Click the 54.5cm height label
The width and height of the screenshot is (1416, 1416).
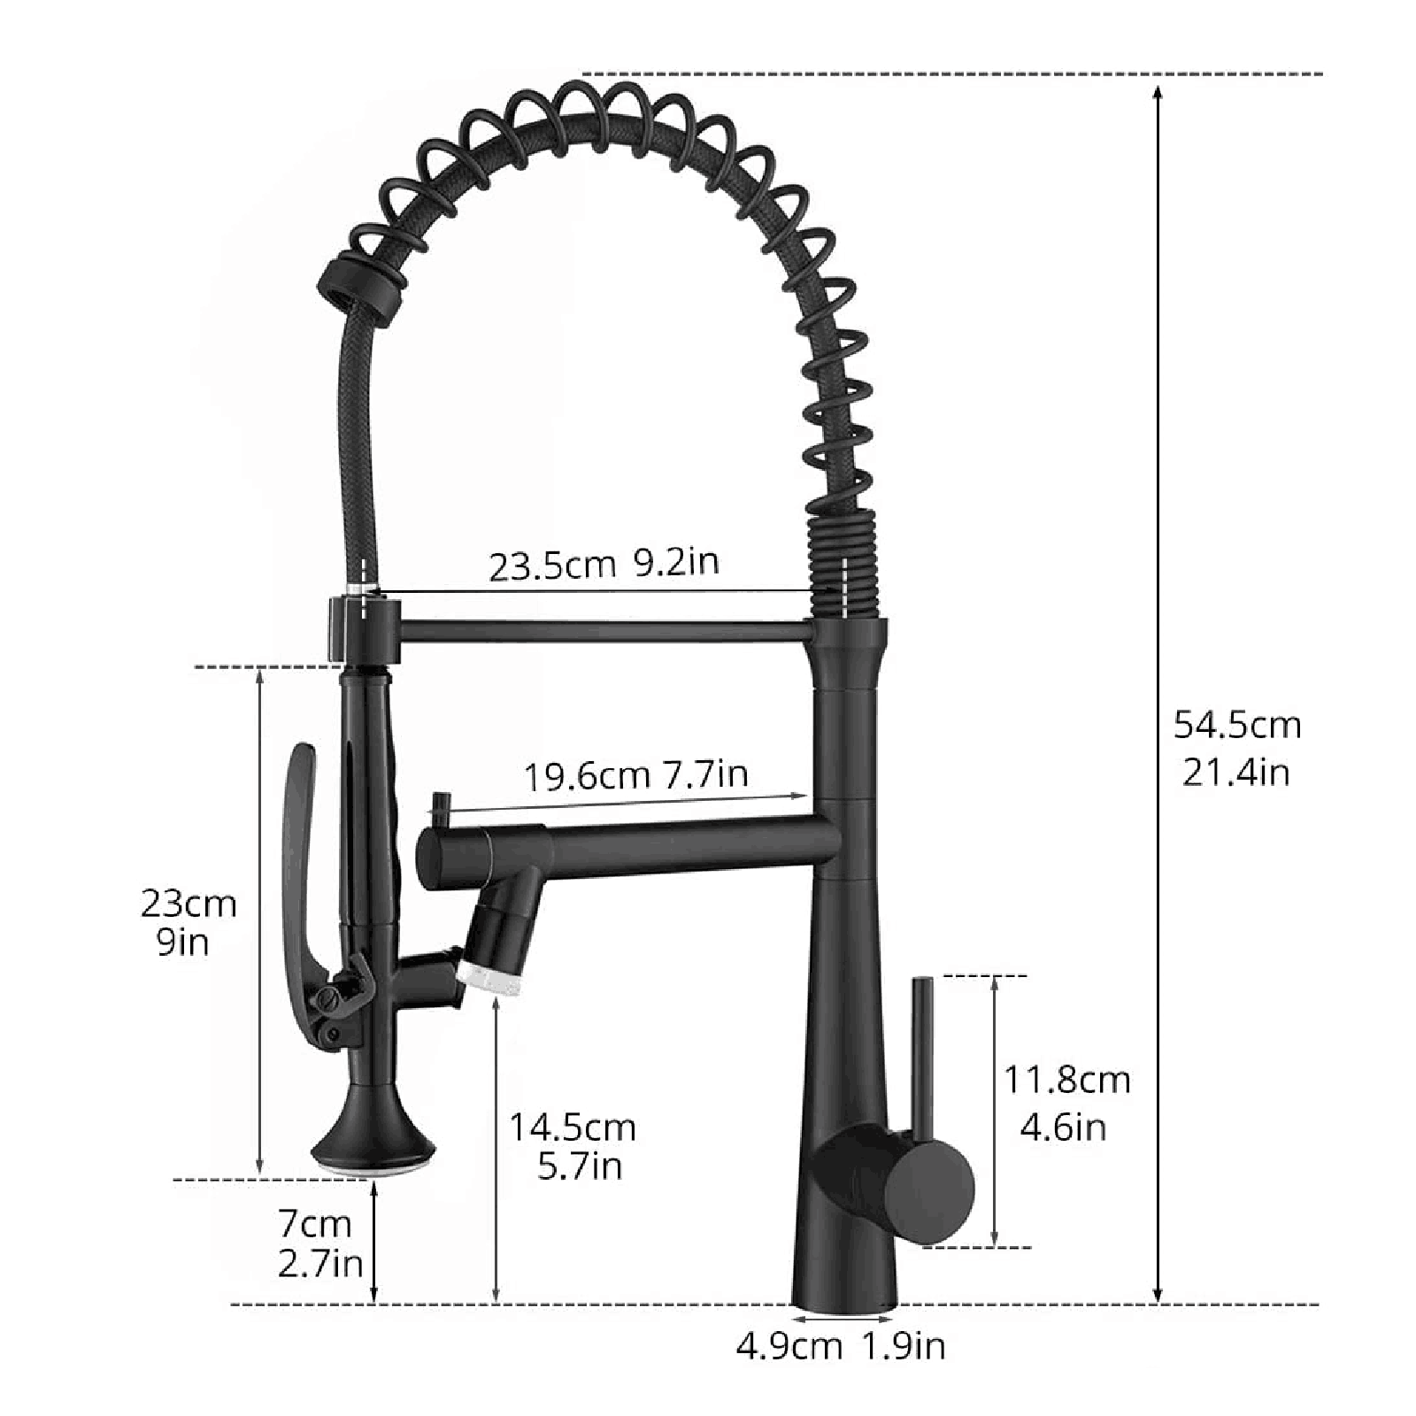(1236, 726)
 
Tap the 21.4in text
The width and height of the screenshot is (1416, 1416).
(1236, 773)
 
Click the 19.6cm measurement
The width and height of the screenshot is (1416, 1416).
(586, 777)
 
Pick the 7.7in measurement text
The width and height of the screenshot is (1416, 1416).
(705, 773)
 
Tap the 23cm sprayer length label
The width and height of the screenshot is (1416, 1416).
(189, 904)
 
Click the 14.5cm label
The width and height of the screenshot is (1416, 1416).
(572, 1127)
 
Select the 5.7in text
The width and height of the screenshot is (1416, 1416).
(580, 1166)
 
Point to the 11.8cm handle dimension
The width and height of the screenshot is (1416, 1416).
(1066, 1080)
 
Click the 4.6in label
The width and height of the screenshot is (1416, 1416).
(1063, 1127)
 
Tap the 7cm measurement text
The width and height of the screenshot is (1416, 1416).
(315, 1224)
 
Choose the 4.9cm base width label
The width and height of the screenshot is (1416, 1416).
(789, 1346)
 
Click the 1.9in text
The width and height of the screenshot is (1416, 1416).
(904, 1346)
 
